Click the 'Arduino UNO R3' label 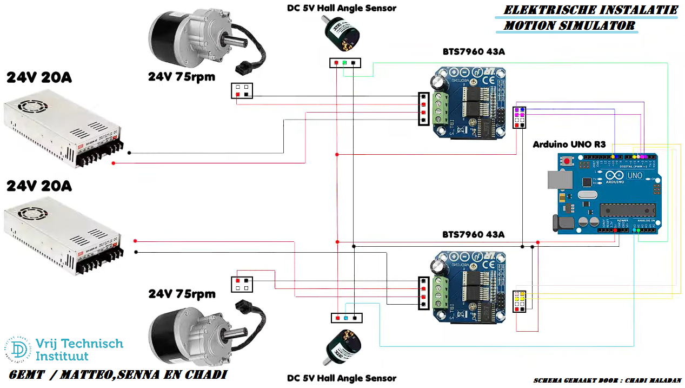[x=569, y=144]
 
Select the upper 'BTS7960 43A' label [x=473, y=52]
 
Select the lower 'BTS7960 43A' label [x=473, y=234]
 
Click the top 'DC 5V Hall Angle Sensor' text [x=341, y=8]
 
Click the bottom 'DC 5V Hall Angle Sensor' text [x=341, y=378]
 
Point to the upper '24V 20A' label [x=39, y=78]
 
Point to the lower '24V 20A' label [x=39, y=186]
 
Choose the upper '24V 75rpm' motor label [x=181, y=77]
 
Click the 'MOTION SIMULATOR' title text [x=569, y=25]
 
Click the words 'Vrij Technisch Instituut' [x=79, y=350]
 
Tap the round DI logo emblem [x=19, y=349]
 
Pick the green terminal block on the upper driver [x=441, y=108]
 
